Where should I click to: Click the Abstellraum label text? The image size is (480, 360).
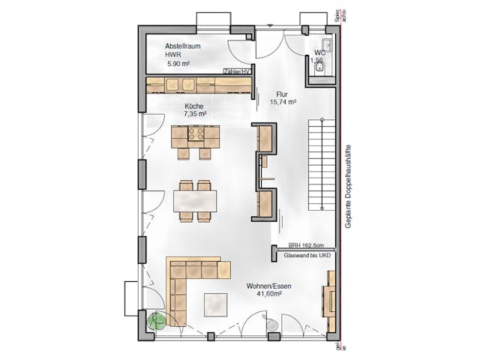click(184, 46)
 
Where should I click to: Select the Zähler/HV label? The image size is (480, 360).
click(237, 72)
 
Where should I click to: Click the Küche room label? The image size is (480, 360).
click(194, 106)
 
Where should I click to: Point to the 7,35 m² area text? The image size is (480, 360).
click(195, 114)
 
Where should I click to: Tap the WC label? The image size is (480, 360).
click(319, 52)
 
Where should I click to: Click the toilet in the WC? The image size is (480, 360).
click(321, 68)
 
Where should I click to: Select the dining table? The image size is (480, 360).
click(195, 201)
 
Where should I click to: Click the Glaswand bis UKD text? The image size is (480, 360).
click(306, 256)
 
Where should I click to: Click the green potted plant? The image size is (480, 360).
click(157, 321)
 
